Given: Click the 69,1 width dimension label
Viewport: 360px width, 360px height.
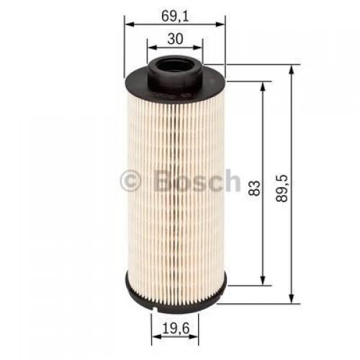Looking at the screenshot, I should tap(174, 12).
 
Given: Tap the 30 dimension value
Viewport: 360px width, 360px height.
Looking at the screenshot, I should tap(174, 40).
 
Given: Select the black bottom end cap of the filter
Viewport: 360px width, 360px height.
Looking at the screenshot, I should tap(174, 292).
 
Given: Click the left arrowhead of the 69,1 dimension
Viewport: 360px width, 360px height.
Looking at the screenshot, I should tap(129, 24).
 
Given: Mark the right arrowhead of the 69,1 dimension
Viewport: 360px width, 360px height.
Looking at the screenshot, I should tap(221, 24).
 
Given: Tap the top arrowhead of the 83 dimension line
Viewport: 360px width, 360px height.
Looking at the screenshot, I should tap(264, 84).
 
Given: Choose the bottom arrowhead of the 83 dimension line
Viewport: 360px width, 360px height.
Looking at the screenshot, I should tap(264, 281).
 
